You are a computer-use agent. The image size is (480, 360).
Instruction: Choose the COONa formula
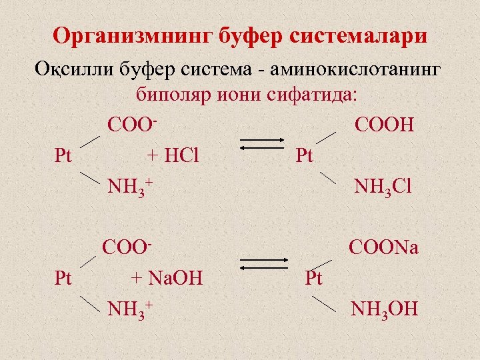pyautogui.click(x=383, y=248)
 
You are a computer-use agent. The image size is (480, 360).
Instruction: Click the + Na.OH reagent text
pyautogui.click(x=167, y=277)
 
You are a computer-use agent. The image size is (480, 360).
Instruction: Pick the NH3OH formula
pyautogui.click(x=384, y=309)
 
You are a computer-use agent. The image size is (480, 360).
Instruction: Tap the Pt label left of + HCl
pyautogui.click(x=63, y=156)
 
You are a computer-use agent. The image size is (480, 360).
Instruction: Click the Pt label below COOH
pyautogui.click(x=304, y=156)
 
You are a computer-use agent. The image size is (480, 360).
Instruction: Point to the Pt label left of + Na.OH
pyautogui.click(x=63, y=277)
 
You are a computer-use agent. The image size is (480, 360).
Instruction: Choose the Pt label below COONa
pyautogui.click(x=313, y=277)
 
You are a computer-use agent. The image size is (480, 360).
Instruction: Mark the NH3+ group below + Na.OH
pyautogui.click(x=131, y=309)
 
